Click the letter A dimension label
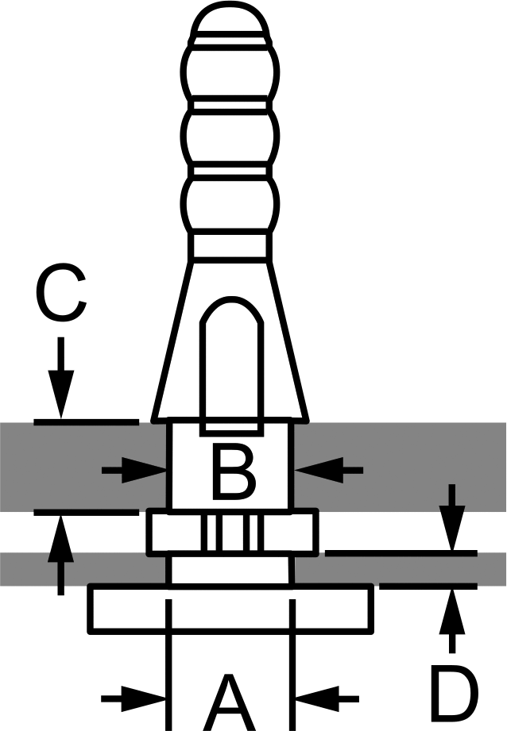tap(230, 702)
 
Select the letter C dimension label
tap(60, 292)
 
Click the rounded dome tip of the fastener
tap(230, 18)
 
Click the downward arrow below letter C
tap(60, 378)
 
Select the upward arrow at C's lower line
tap(60, 556)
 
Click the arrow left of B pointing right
tap(134, 470)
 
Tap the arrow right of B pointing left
tap(329, 470)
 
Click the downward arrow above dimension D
tap(452, 517)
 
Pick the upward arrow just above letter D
tap(452, 621)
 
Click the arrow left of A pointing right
tap(134, 698)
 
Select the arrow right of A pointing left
tap(327, 698)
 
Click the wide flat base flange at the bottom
tap(231, 609)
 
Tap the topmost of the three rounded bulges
tap(230, 72)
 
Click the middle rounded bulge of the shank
tap(230, 137)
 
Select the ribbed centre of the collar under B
tap(232, 532)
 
